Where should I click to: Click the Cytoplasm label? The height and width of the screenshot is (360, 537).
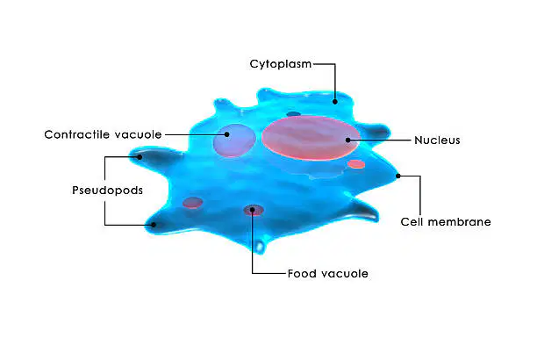(281, 64)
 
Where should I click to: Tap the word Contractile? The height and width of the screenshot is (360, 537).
(77, 134)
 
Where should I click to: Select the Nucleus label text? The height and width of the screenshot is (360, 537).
(437, 140)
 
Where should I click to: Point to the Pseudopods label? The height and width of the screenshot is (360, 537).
(107, 191)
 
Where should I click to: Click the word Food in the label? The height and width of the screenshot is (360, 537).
(301, 273)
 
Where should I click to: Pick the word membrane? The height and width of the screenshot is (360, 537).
(459, 222)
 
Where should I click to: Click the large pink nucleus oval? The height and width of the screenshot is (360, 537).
(311, 138)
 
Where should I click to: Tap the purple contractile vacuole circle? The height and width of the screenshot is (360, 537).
(234, 140)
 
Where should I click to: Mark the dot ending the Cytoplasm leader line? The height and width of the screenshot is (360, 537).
(335, 102)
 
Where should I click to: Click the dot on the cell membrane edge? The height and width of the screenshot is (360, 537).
(398, 176)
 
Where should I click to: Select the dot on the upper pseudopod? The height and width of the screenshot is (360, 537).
(140, 157)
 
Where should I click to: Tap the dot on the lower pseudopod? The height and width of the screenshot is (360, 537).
(154, 225)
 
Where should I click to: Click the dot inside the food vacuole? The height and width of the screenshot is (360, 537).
(253, 210)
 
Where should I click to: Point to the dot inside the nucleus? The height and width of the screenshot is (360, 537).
(348, 140)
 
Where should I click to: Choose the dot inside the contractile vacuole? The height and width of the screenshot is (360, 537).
(226, 134)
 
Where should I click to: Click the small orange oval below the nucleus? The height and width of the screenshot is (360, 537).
(356, 164)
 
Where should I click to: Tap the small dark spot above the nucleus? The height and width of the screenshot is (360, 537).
(293, 114)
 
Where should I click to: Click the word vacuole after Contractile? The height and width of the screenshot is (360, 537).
(138, 134)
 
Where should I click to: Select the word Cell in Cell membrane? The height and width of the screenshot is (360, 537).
(412, 222)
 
